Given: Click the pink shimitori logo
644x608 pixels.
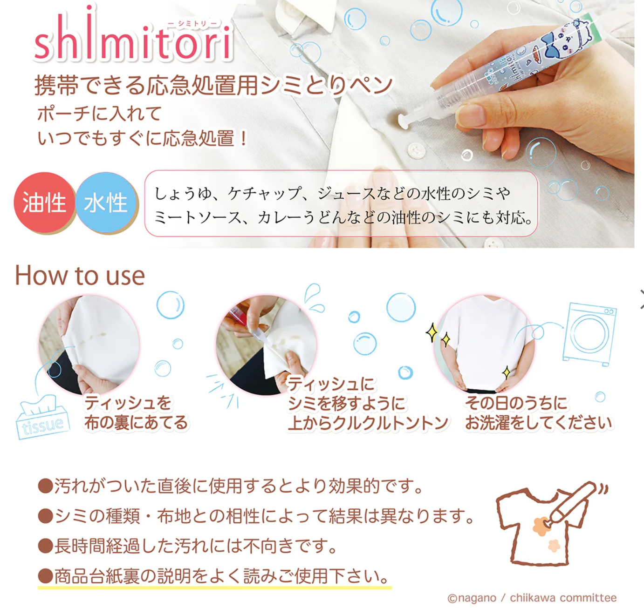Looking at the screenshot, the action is pyautogui.click(x=133, y=37).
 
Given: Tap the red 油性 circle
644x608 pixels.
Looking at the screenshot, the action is pyautogui.click(x=44, y=203).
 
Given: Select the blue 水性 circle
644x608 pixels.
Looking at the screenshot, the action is pyautogui.click(x=106, y=203).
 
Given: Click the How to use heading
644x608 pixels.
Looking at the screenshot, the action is pyautogui.click(x=80, y=276).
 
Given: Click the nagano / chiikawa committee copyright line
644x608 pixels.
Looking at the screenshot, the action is pyautogui.click(x=532, y=598).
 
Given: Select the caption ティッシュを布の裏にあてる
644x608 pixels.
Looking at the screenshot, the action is pyautogui.click(x=136, y=412).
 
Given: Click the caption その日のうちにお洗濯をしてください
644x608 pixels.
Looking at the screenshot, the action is pyautogui.click(x=538, y=413).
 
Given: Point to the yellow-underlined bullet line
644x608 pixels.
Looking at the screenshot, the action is pyautogui.click(x=214, y=577).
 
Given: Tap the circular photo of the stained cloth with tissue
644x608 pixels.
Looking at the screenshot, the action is pyautogui.click(x=89, y=345).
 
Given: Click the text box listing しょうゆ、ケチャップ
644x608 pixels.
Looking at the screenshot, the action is pyautogui.click(x=341, y=203).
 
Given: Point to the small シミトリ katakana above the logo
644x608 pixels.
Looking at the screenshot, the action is pyautogui.click(x=192, y=23).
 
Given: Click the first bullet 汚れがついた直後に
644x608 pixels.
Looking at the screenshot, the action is pyautogui.click(x=230, y=486).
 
